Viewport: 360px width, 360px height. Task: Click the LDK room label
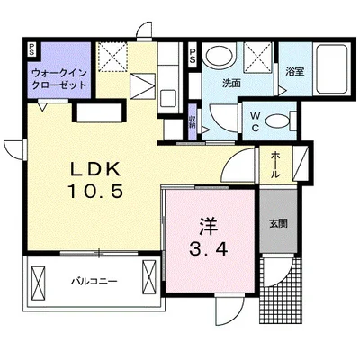click(x=95, y=170)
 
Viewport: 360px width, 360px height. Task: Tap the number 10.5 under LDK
click(x=95, y=192)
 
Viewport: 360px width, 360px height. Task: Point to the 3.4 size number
click(x=209, y=248)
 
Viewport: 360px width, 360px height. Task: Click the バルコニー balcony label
click(x=94, y=282)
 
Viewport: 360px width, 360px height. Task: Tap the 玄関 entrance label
click(x=278, y=223)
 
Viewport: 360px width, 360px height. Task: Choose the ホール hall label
click(x=275, y=165)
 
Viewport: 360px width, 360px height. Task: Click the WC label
click(x=256, y=121)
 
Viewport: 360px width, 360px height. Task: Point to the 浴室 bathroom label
click(x=295, y=72)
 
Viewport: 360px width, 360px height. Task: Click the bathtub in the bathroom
click(x=331, y=69)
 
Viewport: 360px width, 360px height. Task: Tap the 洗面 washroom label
click(x=231, y=84)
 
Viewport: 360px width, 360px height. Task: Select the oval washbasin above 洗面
click(x=220, y=55)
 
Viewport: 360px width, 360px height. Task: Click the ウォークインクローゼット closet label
click(x=59, y=78)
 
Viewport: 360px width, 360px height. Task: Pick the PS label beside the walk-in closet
click(x=31, y=49)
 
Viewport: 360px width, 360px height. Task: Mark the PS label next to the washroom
click(x=193, y=56)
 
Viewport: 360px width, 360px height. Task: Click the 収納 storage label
click(x=192, y=121)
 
